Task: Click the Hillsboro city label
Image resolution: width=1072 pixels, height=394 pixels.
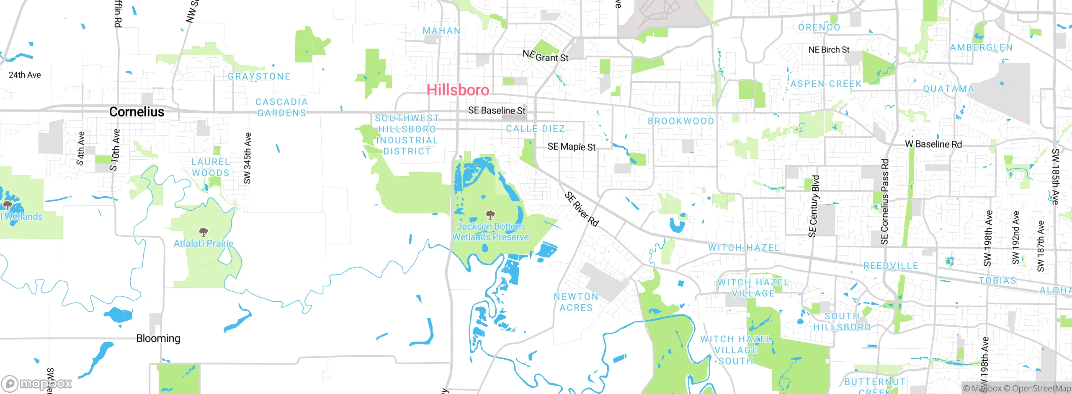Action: pos(458,90)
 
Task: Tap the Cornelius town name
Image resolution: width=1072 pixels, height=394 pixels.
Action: pos(137,111)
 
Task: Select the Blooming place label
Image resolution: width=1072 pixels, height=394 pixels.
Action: pos(158,338)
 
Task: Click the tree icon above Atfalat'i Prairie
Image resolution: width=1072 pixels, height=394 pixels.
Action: pos(204,232)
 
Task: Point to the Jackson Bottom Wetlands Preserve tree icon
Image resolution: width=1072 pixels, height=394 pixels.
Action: pos(490,215)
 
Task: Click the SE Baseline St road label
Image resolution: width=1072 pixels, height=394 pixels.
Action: pos(497,110)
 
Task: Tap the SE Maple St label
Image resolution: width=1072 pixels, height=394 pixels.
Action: pos(572,147)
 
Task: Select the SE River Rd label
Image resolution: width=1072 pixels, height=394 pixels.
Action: pos(582,209)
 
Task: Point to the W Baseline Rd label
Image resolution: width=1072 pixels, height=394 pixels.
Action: pos(933,144)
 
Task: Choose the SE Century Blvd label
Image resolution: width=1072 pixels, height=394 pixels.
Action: pos(813,206)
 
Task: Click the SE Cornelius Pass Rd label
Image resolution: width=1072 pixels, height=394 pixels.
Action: pos(884,202)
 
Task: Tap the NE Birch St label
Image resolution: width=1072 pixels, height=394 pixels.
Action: pos(829,50)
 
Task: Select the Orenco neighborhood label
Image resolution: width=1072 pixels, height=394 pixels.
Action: pos(819,28)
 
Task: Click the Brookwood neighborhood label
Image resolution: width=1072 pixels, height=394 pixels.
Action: pos(681,121)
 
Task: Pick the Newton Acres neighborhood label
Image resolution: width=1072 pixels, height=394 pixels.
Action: pos(576,302)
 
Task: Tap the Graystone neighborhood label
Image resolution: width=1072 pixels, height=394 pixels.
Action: pos(259,76)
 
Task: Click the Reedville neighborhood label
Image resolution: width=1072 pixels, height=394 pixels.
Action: pos(891,266)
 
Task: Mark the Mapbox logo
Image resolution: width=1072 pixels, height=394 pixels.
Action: pos(37,383)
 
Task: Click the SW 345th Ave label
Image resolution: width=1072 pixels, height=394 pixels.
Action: pos(247,158)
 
